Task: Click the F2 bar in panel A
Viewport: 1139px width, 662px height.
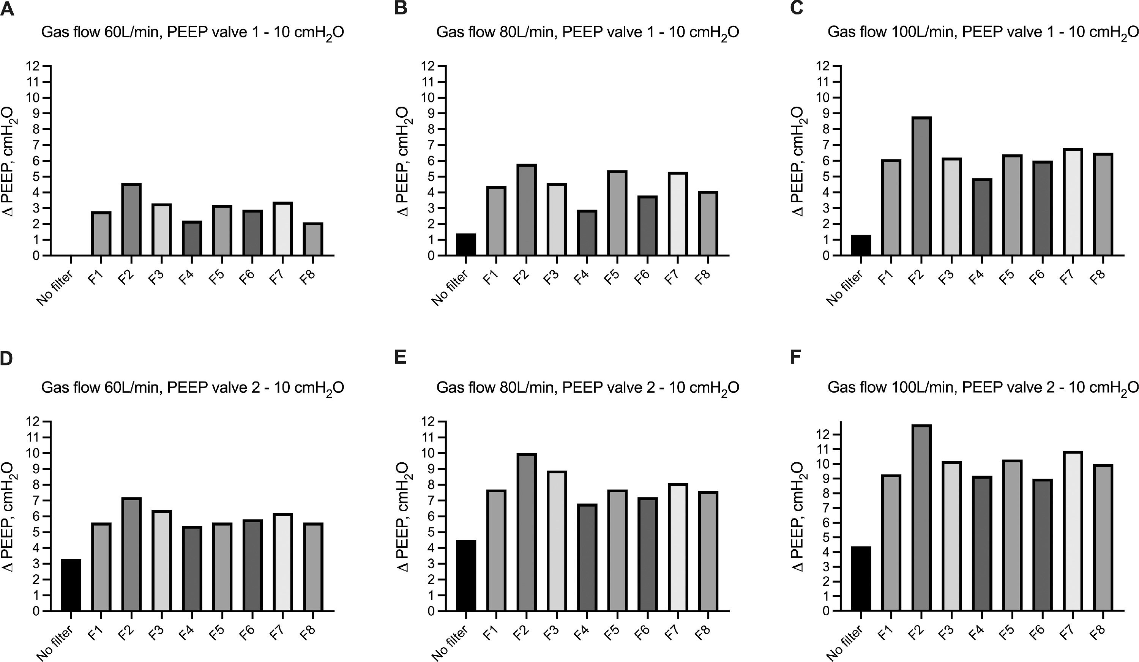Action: coord(131,220)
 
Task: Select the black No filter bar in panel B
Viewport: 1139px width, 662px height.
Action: coord(466,244)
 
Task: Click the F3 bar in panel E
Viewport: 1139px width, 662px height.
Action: coord(557,541)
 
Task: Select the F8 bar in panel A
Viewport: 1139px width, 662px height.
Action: coord(313,240)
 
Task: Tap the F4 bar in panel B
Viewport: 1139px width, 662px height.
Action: coord(587,233)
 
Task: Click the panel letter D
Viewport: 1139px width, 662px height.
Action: coord(7,358)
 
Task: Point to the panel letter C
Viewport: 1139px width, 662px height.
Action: coord(797,8)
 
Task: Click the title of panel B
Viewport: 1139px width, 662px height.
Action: coord(588,33)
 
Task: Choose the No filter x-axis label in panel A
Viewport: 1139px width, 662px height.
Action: coord(55,288)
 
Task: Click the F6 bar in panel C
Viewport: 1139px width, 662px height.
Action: coord(1042,208)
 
